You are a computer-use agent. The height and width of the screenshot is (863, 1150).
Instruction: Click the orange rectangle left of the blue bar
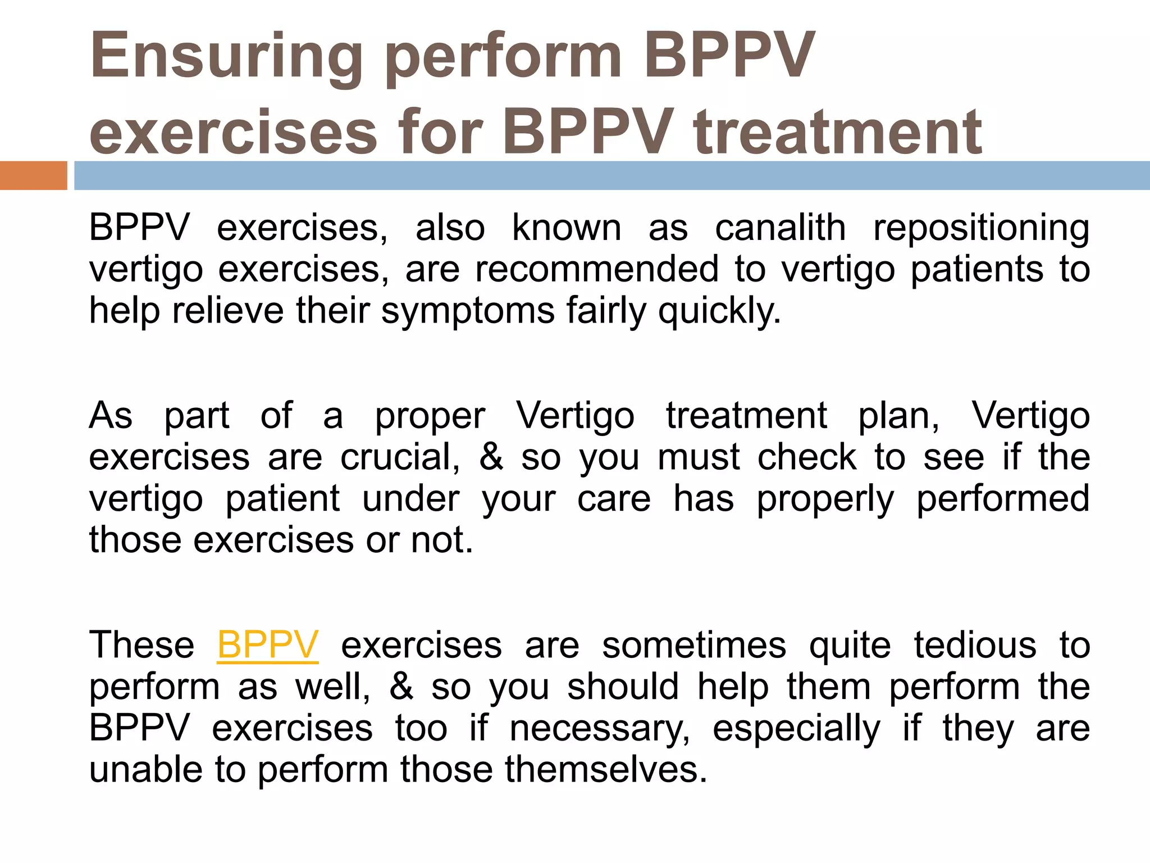coord(33,175)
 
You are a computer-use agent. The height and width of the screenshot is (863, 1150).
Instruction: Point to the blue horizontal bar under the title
coord(612,175)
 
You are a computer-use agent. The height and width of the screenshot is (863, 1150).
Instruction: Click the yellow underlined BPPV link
coord(268,644)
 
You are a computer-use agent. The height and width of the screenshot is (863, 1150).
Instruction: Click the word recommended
coord(597,269)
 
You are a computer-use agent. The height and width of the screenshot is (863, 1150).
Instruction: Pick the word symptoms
coord(468,311)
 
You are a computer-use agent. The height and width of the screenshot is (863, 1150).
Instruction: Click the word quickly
coord(719,311)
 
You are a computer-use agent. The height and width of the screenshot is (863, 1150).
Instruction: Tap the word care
coord(614,498)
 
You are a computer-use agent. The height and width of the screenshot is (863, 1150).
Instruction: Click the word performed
coord(1003,498)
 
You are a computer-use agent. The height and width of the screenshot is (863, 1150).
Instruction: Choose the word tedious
coord(975,644)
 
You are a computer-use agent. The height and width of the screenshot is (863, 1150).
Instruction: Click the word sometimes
coord(694,644)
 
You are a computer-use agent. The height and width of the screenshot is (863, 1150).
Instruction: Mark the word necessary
coord(600,728)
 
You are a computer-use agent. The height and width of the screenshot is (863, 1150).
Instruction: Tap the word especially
coord(796,728)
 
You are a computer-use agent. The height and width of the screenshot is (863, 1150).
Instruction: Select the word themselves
coord(605,769)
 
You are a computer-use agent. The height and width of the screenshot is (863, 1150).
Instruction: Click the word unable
coord(145,769)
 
